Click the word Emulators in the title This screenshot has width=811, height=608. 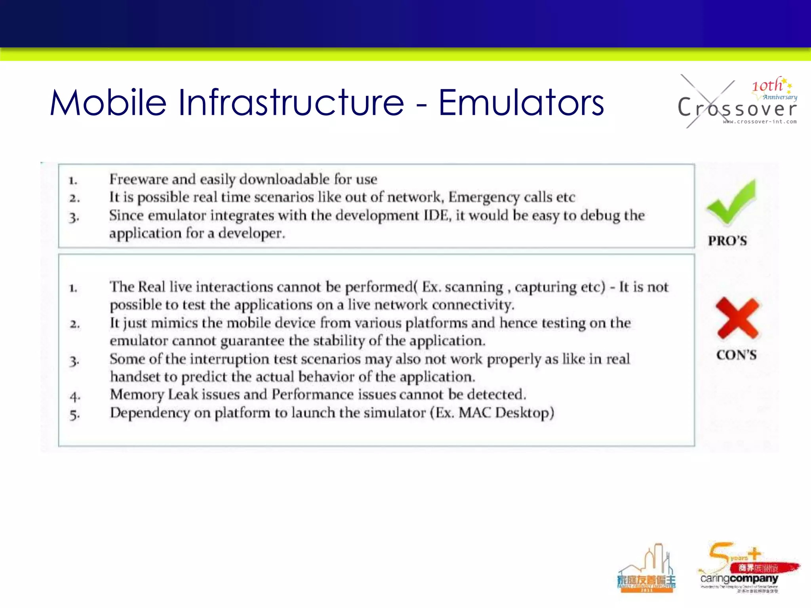521,103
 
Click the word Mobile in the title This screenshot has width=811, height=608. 108,103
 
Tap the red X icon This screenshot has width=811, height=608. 737,318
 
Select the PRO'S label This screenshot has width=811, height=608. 727,241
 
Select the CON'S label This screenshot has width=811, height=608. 736,355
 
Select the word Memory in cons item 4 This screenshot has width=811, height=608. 137,395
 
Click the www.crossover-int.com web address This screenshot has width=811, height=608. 760,122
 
